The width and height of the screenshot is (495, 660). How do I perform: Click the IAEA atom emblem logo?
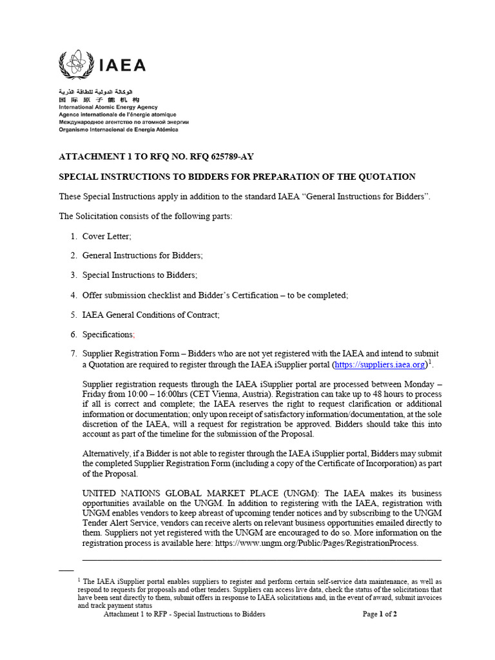coord(77,64)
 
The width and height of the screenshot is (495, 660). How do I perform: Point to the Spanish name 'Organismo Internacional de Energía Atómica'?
coord(119,129)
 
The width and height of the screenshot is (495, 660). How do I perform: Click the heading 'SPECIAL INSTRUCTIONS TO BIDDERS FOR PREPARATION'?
coord(237,177)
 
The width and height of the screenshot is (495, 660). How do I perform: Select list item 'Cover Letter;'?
coord(106,237)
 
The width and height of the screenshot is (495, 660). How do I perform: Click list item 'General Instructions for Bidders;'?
coord(142,256)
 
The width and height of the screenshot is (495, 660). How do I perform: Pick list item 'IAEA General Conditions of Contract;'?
coord(151,315)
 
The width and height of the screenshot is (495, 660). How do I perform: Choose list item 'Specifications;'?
coord(108,335)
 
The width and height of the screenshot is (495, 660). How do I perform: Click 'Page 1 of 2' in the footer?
coord(380,614)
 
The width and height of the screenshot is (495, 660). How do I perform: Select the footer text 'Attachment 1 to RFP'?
coord(140,614)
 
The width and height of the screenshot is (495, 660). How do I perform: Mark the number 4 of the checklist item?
coord(73,295)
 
